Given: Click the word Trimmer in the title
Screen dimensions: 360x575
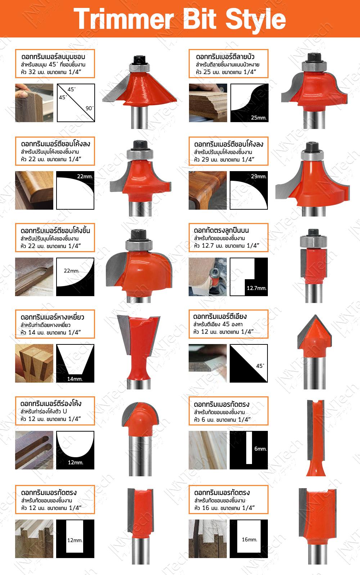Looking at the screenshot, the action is pos(124,19).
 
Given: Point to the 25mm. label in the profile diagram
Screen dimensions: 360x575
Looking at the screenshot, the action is pos(259,117).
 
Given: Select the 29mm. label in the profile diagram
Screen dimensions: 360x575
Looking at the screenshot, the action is pos(259,176).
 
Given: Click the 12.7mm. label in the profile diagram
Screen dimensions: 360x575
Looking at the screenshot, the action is pos(257,288).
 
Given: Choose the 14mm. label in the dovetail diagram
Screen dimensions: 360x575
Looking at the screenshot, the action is pos(75,379).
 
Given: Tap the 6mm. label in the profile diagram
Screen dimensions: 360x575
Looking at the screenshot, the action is pos(261,449).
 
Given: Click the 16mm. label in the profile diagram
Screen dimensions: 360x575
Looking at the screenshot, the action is pos(249,539).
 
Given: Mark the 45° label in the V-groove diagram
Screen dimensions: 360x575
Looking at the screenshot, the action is pos(260,366).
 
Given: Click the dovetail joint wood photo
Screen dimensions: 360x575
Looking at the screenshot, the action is pos(34,363).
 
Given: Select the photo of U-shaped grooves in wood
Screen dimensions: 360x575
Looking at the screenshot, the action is pos(34,450).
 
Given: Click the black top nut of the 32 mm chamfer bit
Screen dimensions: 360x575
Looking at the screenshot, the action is pos(140,60).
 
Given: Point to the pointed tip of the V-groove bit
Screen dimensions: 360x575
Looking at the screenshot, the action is pos(315,315).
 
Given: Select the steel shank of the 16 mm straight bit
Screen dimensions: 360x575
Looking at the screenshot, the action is pos(317,554).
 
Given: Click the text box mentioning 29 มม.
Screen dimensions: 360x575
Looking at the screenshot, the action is pos(229,151).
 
